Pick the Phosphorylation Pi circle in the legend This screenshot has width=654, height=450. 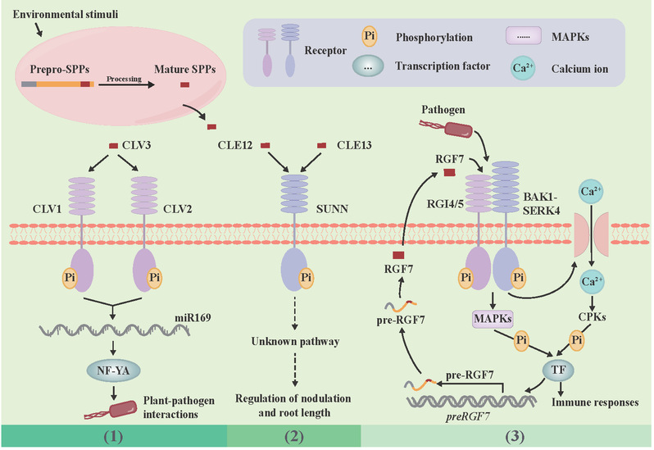point(369,39)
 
